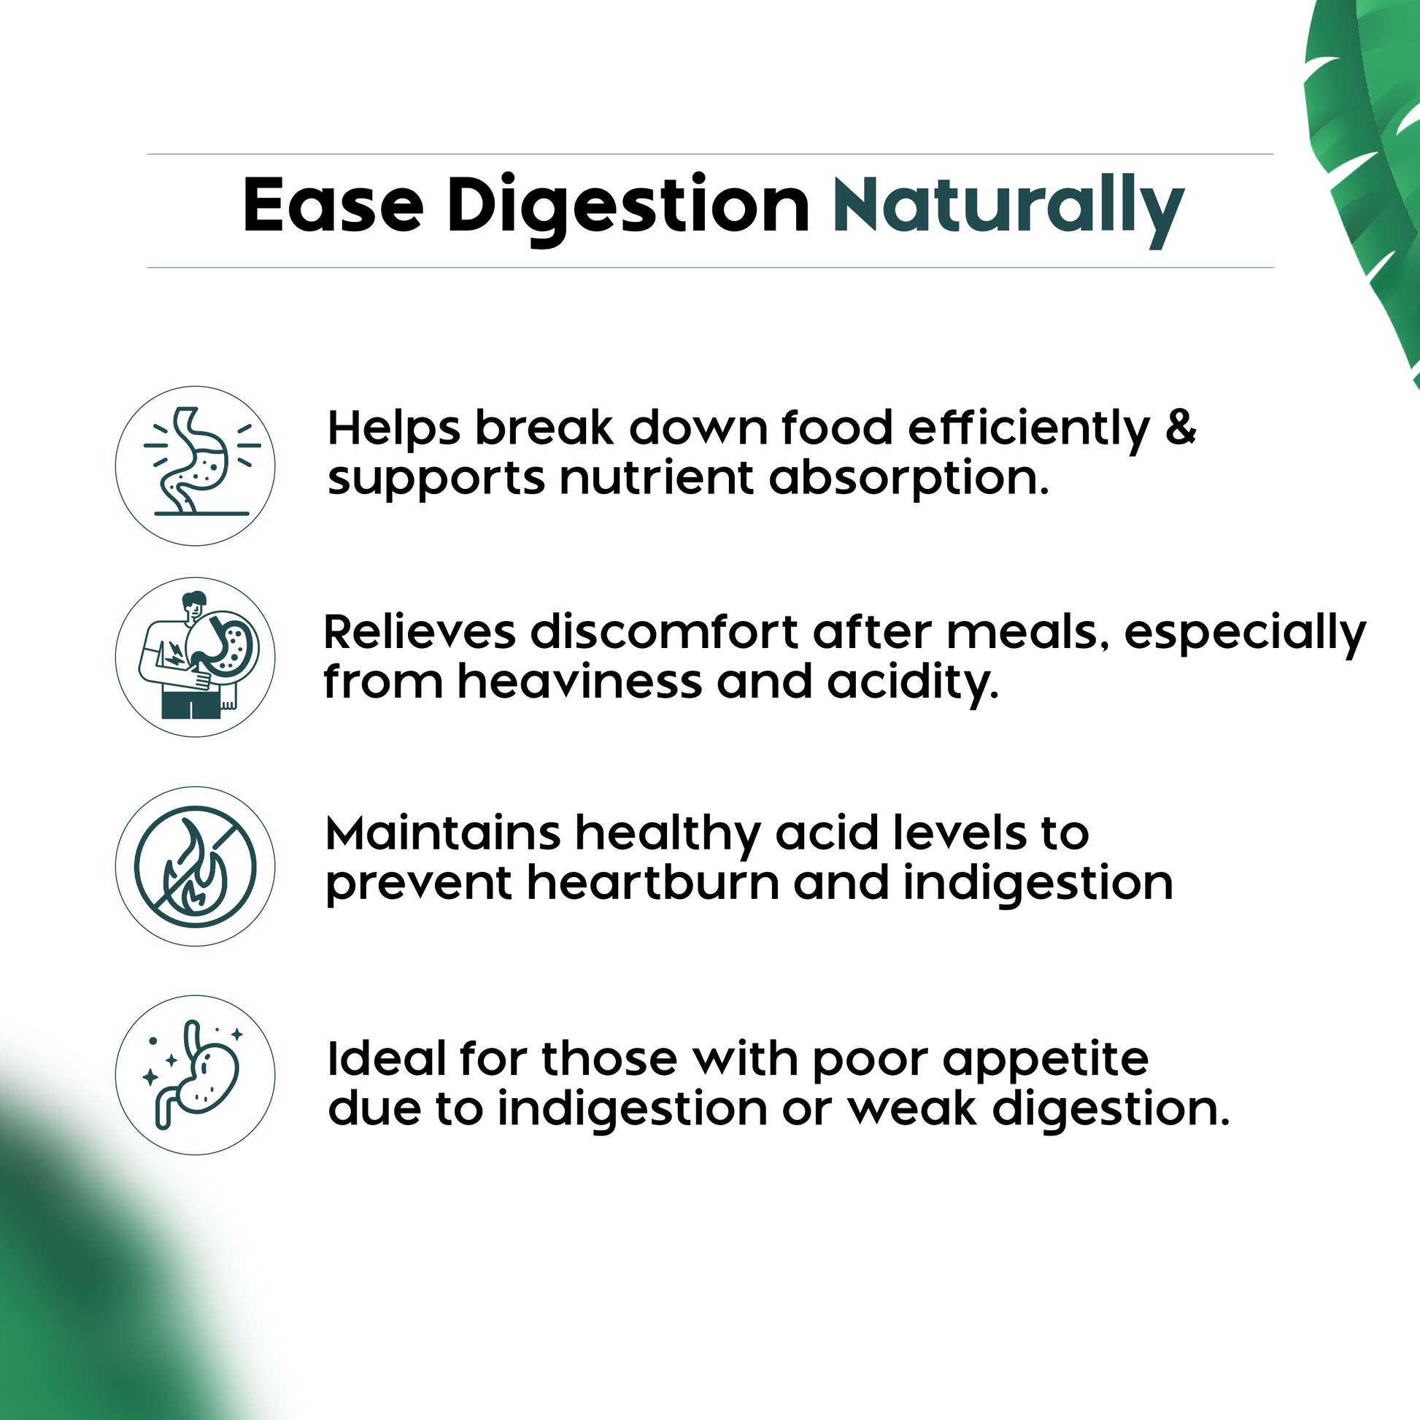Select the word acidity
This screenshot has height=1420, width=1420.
click(x=913, y=683)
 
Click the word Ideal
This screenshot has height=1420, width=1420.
click(x=386, y=1059)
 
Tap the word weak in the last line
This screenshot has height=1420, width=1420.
click(x=912, y=1108)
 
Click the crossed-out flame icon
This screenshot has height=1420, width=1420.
click(x=196, y=866)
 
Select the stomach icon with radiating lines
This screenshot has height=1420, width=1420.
click(x=196, y=466)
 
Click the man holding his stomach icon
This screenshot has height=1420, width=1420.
click(x=196, y=657)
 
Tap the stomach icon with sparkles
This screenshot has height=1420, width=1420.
click(x=196, y=1075)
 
